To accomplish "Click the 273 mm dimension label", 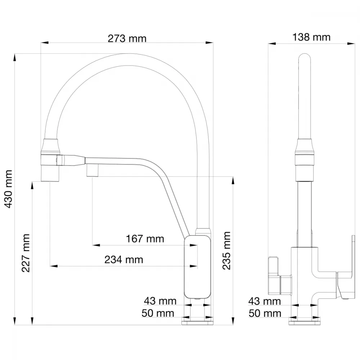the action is point(127,39).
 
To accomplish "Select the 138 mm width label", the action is point(311,37).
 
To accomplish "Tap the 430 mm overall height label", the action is point(8,189).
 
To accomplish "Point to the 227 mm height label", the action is point(26,253).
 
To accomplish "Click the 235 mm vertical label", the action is point(226,251).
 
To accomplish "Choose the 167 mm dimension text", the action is point(145,239).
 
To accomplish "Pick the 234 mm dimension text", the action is point(124,260).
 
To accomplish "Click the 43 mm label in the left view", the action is point(160,301).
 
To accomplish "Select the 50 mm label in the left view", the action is point(158,313).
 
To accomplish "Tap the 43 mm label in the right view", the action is point(265,301).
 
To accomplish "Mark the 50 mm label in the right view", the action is point(265,314).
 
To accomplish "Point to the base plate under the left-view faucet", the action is point(197,323).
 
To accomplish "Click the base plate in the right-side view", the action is point(305,323).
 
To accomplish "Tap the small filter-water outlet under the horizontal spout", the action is point(93,170).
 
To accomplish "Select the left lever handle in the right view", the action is point(274,276).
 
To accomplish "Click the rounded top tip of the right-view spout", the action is point(305,55).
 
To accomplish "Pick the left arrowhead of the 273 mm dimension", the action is point(45,42).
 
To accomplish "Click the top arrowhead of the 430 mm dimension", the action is point(15,57).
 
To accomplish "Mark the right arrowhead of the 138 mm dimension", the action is point(351,43).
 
